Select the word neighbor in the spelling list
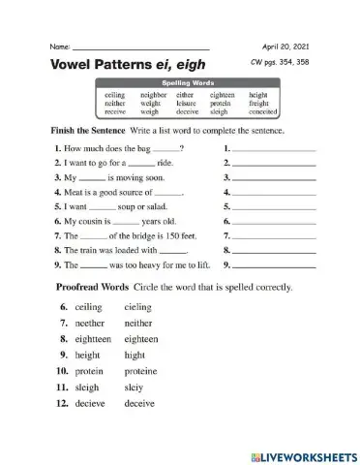pos(154,96)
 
